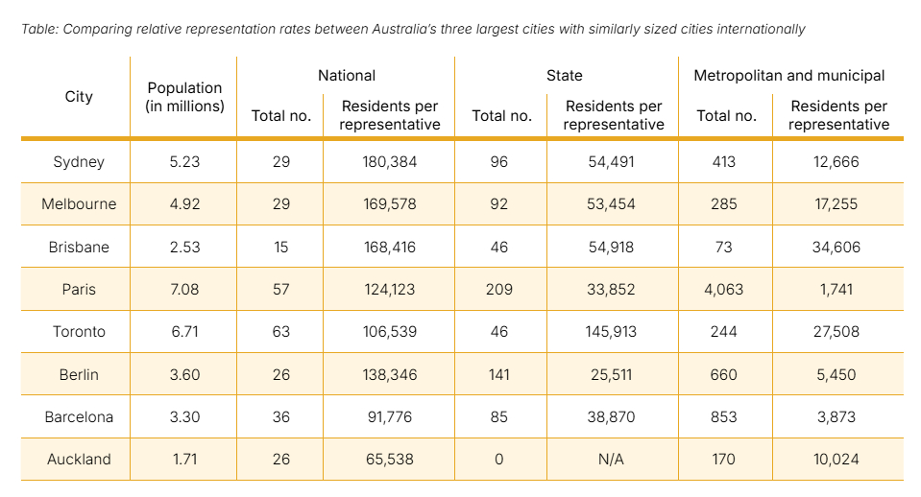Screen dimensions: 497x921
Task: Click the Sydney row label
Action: [x=79, y=162]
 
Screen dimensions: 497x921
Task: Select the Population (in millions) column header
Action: [x=184, y=97]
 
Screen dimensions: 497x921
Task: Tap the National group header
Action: [x=347, y=75]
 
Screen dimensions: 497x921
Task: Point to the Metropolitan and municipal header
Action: [x=789, y=75]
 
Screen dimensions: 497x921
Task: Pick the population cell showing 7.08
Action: [x=184, y=290]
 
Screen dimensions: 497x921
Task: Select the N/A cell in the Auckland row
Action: [x=611, y=460]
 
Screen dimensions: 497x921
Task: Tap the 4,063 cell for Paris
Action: [x=723, y=290]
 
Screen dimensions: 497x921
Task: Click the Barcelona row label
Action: [x=79, y=417]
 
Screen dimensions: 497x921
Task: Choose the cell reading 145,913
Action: [x=613, y=332]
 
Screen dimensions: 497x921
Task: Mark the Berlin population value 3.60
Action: [x=184, y=374]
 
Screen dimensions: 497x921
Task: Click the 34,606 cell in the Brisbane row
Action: [x=836, y=247]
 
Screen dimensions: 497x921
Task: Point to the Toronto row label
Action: [x=79, y=332]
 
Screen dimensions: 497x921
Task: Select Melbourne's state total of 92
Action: [x=499, y=204]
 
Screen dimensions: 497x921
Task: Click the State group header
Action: [x=567, y=75]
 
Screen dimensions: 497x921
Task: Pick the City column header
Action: [x=79, y=97]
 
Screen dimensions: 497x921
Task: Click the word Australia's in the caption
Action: [x=402, y=30]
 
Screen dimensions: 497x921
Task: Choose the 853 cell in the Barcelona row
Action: [x=723, y=417]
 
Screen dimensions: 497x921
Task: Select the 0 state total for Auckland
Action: [x=499, y=460]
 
